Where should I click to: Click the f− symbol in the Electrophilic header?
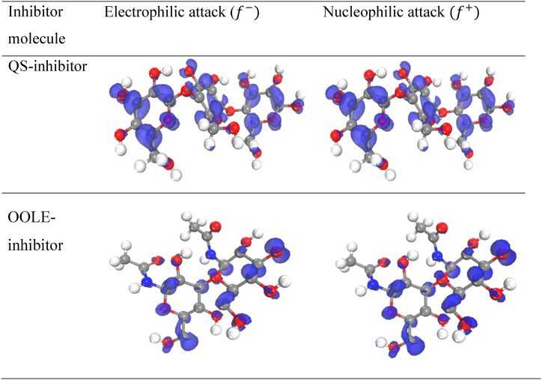(x=244, y=13)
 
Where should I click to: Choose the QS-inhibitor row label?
(x=48, y=66)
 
